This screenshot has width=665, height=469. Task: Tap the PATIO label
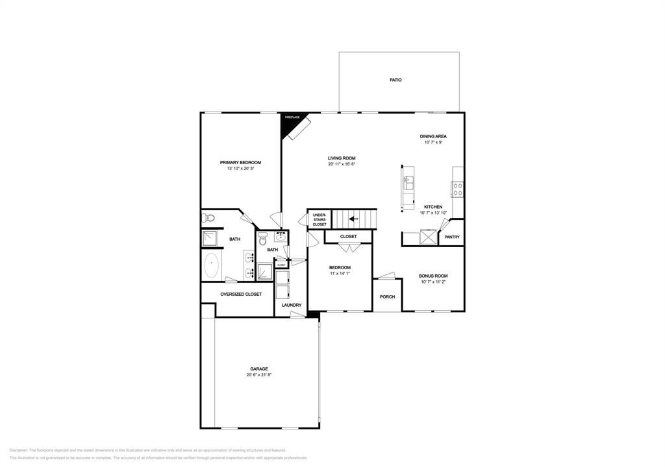coord(395,80)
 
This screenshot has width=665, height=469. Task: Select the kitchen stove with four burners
coord(458,189)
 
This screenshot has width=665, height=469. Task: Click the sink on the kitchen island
coord(409,184)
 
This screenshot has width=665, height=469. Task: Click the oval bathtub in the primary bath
coord(212,266)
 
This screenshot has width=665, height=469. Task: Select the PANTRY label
coord(452,237)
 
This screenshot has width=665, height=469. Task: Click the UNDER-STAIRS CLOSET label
coord(320,220)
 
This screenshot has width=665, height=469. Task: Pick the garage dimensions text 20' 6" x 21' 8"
coord(258,375)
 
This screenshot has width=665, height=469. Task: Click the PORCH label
coord(387,297)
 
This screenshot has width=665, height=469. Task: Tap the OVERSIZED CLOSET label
coord(241,294)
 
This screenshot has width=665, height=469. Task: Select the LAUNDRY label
coord(291,305)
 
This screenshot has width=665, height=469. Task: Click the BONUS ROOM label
coord(434,276)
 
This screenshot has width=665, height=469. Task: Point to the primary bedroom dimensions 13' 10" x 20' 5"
coord(240,169)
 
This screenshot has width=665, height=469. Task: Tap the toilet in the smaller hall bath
coord(262,240)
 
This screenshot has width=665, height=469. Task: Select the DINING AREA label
coord(433,136)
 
